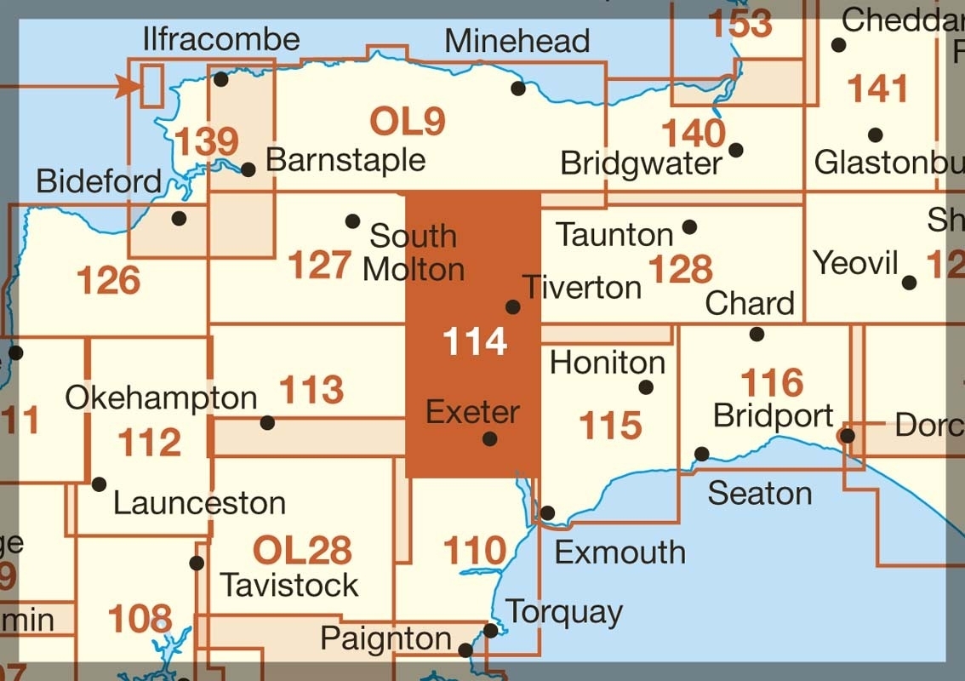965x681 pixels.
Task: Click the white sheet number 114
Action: pos(475,341)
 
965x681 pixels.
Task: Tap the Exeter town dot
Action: pos(490,439)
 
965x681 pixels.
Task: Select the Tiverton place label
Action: pos(582,287)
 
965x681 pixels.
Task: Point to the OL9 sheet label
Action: pos(408,122)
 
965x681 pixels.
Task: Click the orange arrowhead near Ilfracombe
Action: pos(128,85)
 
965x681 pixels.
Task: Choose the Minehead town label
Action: pos(517,41)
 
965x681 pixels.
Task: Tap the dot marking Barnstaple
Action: pos(248,169)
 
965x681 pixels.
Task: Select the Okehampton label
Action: pos(161,398)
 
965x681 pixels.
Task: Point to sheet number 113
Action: pos(311,390)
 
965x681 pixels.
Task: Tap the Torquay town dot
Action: pos(491,631)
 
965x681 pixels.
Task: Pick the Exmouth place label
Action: pos(620,552)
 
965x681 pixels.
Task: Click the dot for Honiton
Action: pos(646,387)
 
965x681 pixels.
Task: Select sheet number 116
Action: pos(772,382)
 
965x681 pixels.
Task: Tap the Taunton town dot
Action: pos(690,226)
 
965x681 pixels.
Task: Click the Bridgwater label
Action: pos(642,163)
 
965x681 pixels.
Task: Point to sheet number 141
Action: pos(878,88)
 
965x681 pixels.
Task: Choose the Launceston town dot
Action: pos(99,484)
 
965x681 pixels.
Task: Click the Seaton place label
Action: pos(760,493)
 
